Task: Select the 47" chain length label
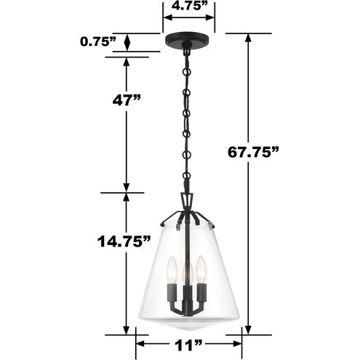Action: [127, 100]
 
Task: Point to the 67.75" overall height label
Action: [253, 153]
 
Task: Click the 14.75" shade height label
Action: [124, 241]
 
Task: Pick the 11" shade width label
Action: [188, 345]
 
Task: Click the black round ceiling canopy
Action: [186, 39]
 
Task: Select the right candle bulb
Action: [201, 270]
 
